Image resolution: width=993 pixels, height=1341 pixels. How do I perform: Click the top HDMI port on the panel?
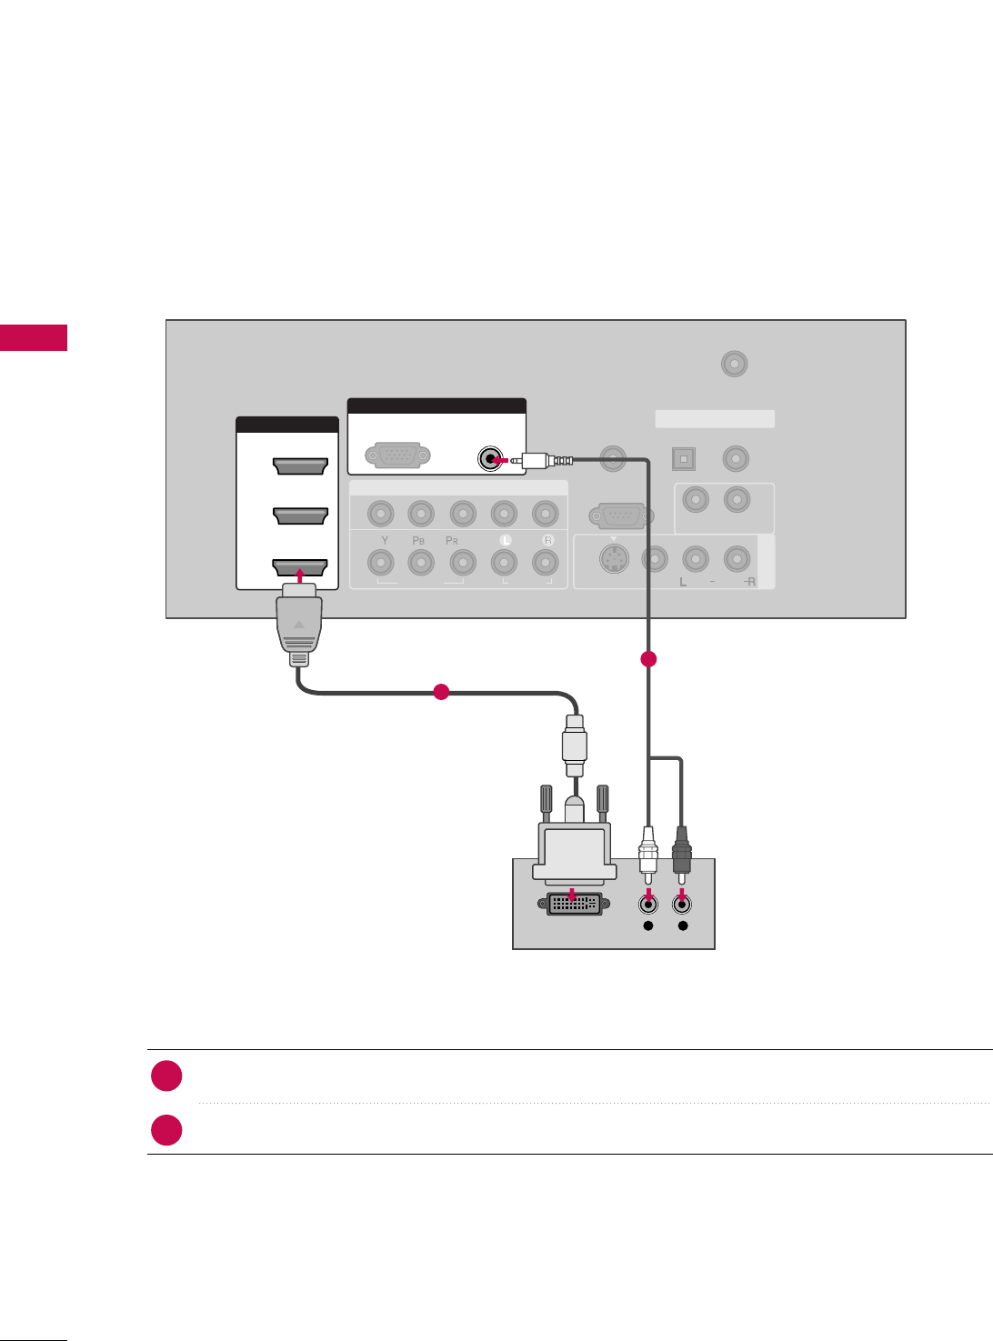click(x=300, y=466)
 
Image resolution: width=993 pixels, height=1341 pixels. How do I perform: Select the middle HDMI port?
click(x=300, y=515)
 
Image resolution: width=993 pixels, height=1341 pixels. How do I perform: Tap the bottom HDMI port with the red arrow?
click(x=300, y=568)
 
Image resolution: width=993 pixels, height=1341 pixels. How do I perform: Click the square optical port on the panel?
click(x=684, y=459)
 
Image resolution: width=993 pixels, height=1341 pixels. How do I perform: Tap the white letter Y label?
click(x=385, y=541)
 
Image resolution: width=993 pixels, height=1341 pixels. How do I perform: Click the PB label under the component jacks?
click(x=418, y=541)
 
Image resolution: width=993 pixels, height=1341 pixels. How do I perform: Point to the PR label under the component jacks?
click(x=452, y=541)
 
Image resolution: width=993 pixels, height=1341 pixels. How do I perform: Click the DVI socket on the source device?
click(x=573, y=904)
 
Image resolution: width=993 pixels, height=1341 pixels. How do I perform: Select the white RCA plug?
click(x=647, y=850)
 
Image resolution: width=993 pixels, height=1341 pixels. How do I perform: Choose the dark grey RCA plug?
click(x=681, y=850)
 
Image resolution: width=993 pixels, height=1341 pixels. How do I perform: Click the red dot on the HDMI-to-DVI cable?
click(x=441, y=692)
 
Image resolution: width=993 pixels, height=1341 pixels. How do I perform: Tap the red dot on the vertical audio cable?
click(x=648, y=659)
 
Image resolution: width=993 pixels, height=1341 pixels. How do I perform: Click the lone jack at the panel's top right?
click(x=734, y=365)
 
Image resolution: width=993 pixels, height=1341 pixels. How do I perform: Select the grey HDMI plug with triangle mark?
click(x=299, y=627)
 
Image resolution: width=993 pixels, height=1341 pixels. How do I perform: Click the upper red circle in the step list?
click(x=166, y=1076)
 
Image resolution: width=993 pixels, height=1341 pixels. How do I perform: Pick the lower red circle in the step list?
click(x=166, y=1130)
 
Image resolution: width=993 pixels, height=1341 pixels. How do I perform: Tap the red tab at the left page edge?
click(x=34, y=337)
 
